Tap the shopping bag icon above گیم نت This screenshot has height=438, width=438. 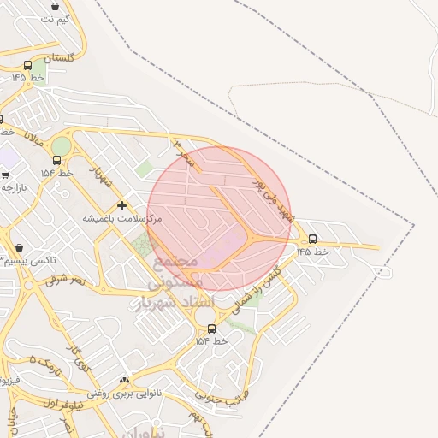[56, 6]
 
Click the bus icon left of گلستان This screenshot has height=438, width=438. [28, 66]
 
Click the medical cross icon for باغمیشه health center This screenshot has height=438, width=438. [121, 205]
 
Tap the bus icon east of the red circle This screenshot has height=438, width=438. [312, 239]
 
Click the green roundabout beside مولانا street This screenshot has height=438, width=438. [61, 146]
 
